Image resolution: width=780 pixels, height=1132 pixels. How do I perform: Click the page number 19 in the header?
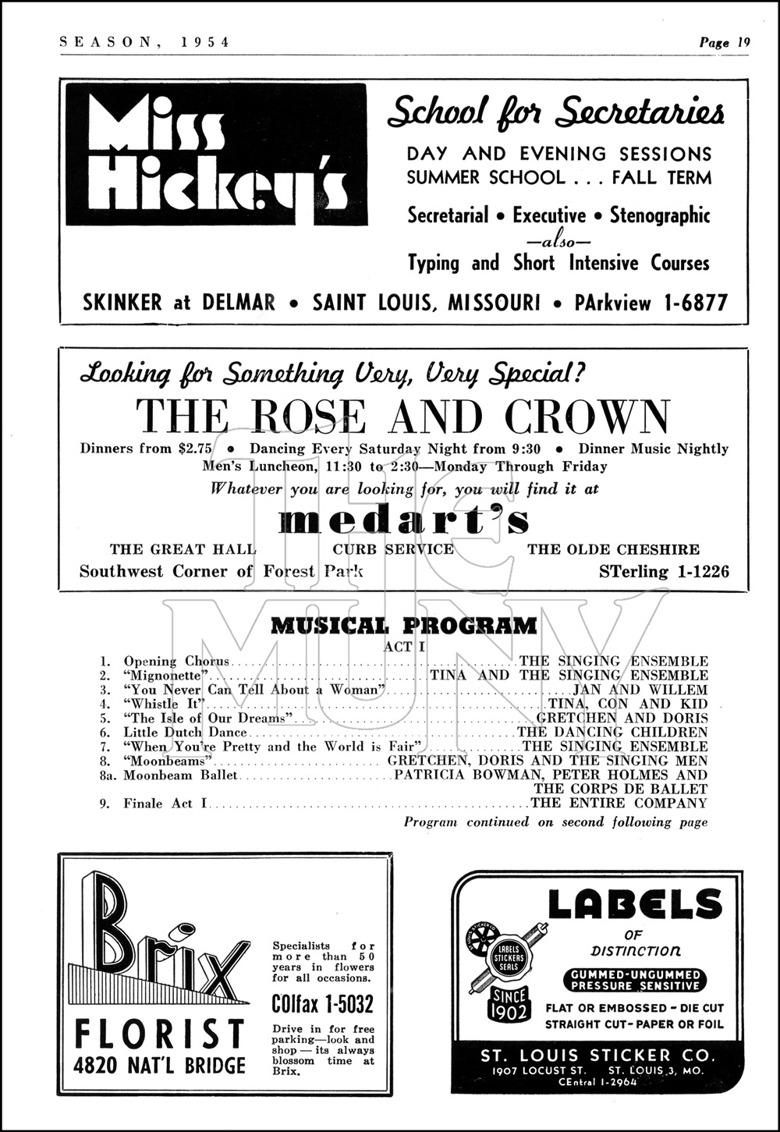pyautogui.click(x=743, y=43)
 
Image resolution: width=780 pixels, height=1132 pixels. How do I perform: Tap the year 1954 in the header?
pyautogui.click(x=205, y=43)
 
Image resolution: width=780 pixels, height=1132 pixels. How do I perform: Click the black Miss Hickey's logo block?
pyautogui.click(x=216, y=154)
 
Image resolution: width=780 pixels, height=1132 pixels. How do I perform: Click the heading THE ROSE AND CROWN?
pyautogui.click(x=402, y=417)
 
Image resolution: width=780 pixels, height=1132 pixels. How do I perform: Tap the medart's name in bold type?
pyautogui.click(x=404, y=520)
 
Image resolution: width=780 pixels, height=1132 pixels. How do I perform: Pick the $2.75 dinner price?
pyautogui.click(x=195, y=449)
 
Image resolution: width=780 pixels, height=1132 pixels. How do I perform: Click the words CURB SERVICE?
pyautogui.click(x=393, y=549)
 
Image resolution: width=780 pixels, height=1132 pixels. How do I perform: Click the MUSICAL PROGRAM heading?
pyautogui.click(x=403, y=626)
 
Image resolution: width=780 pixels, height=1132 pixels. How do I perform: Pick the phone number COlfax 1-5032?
pyautogui.click(x=322, y=1003)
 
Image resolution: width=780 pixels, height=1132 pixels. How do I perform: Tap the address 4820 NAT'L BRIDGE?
pyautogui.click(x=159, y=1066)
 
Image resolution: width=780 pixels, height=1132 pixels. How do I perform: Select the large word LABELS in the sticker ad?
pyautogui.click(x=634, y=905)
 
